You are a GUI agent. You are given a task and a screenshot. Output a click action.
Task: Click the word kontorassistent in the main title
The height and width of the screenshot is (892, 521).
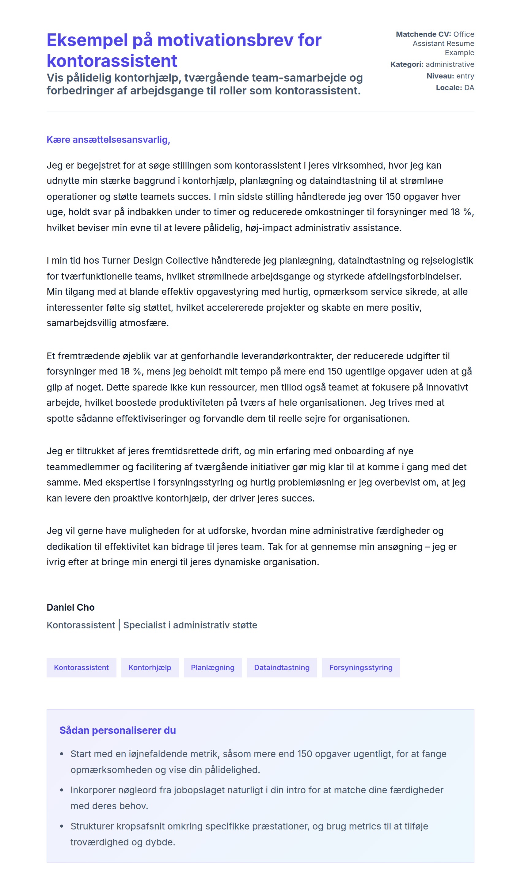point(112,61)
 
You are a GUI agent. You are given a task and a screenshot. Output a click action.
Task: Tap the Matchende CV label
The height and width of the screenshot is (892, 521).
point(423,34)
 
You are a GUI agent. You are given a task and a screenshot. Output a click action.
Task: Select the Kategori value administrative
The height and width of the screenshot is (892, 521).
point(450,64)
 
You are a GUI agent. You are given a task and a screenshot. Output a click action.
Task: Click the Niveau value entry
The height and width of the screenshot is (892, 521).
point(465,76)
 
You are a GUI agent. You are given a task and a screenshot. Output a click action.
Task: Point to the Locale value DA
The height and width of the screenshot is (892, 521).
point(469,88)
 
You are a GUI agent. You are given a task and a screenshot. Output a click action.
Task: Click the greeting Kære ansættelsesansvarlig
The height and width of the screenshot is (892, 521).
point(108,140)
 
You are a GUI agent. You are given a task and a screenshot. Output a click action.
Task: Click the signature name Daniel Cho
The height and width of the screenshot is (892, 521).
point(70,608)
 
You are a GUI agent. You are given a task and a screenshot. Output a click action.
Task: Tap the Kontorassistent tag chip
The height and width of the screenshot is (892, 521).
point(82,668)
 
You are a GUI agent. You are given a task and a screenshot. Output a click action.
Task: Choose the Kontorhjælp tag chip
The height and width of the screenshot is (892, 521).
point(150,668)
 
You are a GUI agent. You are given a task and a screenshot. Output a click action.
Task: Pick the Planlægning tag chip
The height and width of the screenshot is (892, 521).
point(213,668)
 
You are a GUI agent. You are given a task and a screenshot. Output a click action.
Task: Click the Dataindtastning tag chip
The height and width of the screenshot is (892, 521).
point(282,668)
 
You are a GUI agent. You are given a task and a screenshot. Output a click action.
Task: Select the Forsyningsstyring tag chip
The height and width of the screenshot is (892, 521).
point(361,668)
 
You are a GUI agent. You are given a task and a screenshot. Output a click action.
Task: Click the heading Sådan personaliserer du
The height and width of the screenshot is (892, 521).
point(117,730)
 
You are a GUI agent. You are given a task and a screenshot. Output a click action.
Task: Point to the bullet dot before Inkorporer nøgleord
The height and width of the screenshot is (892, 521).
point(62,790)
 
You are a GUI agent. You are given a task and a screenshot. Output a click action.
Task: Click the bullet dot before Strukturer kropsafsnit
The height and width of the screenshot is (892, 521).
point(62,826)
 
